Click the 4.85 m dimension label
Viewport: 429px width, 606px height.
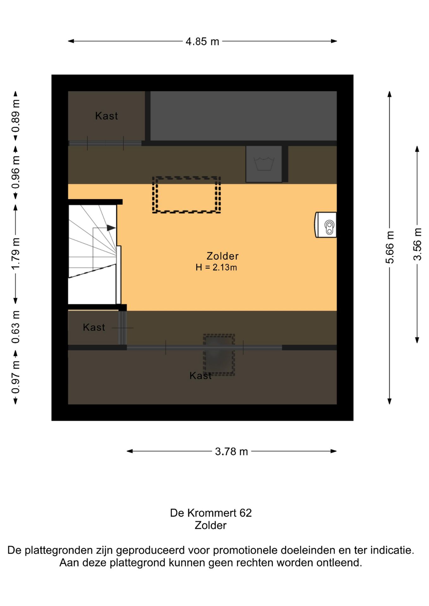[x=202, y=41]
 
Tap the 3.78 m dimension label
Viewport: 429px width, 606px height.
[x=231, y=452]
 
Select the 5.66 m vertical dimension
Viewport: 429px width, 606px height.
[x=390, y=247]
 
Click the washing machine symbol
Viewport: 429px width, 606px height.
[x=264, y=164]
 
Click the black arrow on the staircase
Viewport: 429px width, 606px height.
[x=111, y=228]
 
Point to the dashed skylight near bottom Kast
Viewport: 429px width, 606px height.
[x=219, y=354]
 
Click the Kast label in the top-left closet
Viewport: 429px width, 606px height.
[x=106, y=116]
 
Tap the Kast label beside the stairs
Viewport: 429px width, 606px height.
[x=94, y=327]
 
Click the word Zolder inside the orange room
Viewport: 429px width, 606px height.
[x=222, y=256]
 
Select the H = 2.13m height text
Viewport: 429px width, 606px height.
[x=216, y=267]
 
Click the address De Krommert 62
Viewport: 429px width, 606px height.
[x=211, y=513]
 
